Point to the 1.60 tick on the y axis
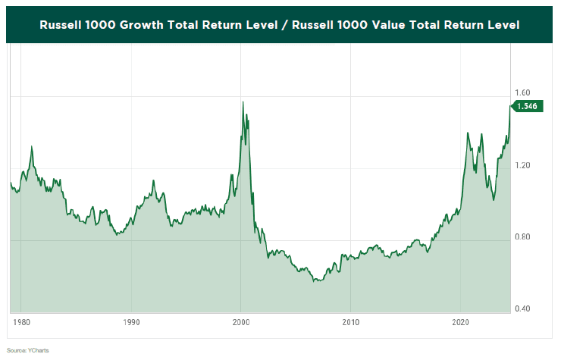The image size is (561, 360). coord(523,92)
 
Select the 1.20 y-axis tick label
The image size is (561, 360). coord(523,165)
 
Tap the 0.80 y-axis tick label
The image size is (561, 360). coord(523,237)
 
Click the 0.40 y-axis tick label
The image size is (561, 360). coord(523,309)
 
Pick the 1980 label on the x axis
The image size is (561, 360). coord(22,321)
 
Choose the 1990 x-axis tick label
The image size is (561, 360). coord(131,321)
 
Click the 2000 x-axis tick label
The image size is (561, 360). coord(241,321)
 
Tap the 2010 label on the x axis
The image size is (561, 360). coord(351,321)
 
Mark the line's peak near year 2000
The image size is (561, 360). coord(243,102)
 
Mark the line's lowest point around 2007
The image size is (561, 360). coord(315,281)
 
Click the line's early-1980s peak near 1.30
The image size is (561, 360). coord(31,146)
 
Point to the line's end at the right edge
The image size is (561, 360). coord(509,107)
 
